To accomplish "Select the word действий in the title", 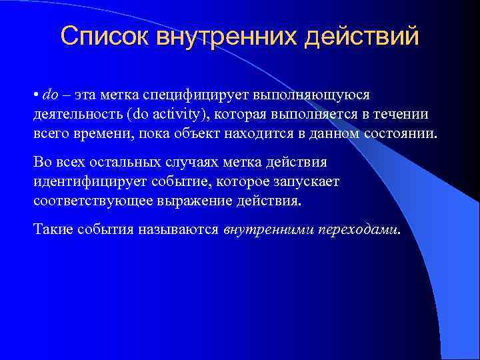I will click(x=360, y=37).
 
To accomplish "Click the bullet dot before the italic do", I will click(x=36, y=95).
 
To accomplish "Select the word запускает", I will click(x=313, y=181).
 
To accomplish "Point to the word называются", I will click(x=179, y=230).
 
